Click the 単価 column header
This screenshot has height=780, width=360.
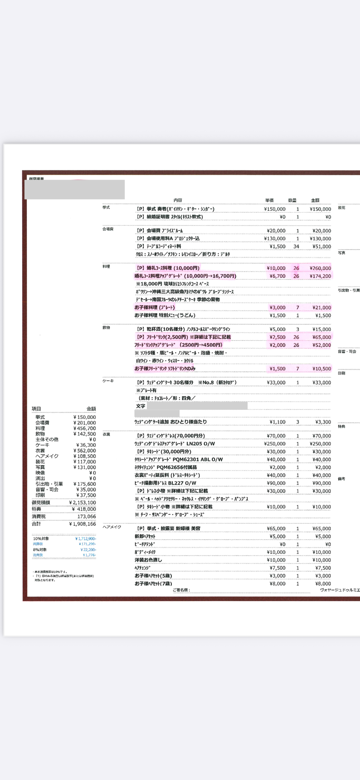tap(269, 200)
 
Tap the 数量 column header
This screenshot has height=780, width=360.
tap(292, 200)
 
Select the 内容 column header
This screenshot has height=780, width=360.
tap(178, 200)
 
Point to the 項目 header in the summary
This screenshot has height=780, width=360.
tap(36, 409)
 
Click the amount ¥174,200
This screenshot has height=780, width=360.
tap(320, 276)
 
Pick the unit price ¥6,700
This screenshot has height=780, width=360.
tap(277, 276)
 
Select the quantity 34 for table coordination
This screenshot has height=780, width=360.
tap(296, 247)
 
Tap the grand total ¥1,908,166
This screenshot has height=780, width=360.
tap(82, 524)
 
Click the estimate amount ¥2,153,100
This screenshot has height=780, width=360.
tap(82, 503)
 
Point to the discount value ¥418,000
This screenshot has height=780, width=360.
tap(84, 509)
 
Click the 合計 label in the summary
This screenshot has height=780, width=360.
tap(36, 524)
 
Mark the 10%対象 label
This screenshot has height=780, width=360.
tap(41, 539)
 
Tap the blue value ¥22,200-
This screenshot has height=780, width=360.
tap(88, 550)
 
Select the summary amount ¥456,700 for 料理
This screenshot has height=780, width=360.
tap(85, 428)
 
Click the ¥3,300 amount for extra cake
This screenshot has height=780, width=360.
tap(323, 422)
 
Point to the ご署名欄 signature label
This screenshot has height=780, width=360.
tap(181, 590)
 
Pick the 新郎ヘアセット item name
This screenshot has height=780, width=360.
tap(145, 536)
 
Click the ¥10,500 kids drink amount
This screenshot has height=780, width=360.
tap(322, 369)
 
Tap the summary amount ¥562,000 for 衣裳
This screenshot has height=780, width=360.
tap(85, 451)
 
